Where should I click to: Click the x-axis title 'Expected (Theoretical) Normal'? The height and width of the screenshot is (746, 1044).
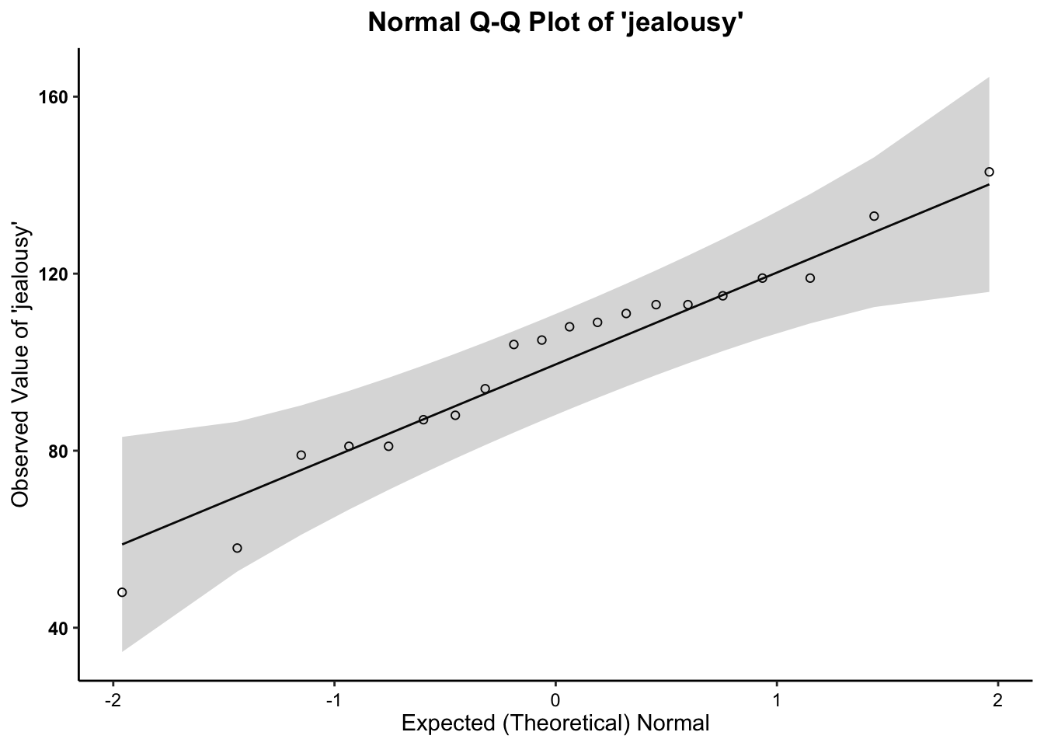[555, 724]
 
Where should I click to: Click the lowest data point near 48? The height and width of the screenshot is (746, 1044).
[122, 592]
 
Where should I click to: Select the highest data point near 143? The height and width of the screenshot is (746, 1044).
[989, 172]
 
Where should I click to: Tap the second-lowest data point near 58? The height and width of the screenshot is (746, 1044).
[237, 548]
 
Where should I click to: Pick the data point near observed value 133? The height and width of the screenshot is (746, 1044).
[874, 216]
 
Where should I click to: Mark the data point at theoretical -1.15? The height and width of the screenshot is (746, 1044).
[301, 455]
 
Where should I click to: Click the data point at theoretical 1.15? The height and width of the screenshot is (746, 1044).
[810, 278]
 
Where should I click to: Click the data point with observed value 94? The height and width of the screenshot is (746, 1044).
[485, 389]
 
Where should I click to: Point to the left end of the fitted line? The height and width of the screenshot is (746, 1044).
[123, 544]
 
